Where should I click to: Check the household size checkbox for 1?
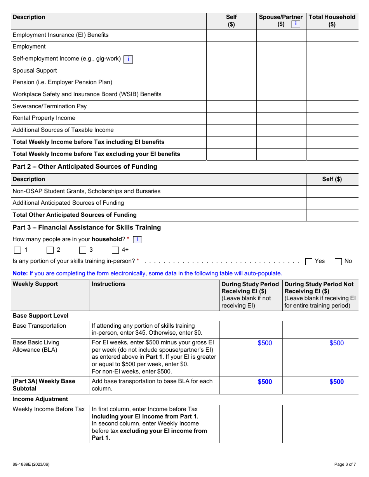tap(17, 250)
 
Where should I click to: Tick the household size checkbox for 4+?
tap(115, 250)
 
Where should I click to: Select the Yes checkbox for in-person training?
tap(309, 261)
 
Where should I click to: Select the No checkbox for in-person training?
tap(338, 261)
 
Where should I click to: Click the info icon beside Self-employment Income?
tap(128, 59)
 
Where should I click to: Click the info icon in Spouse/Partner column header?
tap(296, 24)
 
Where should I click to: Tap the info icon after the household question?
tap(137, 240)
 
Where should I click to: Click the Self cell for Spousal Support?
tap(231, 71)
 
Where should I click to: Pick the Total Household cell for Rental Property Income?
tap(332, 118)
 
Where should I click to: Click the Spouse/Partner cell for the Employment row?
tap(281, 47)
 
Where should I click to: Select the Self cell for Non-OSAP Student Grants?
tap(332, 192)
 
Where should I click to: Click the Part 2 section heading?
tap(85, 167)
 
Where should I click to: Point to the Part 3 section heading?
tap(87, 228)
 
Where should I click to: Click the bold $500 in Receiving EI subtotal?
tap(265, 382)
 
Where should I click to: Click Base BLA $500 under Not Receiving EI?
tap(336, 343)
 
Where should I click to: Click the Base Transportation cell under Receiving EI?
tap(251, 330)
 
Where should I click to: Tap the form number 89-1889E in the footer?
tap(31, 464)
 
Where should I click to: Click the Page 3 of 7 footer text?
tap(345, 464)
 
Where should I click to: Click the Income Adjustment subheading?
tap(40, 399)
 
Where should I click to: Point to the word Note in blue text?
tap(20, 273)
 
